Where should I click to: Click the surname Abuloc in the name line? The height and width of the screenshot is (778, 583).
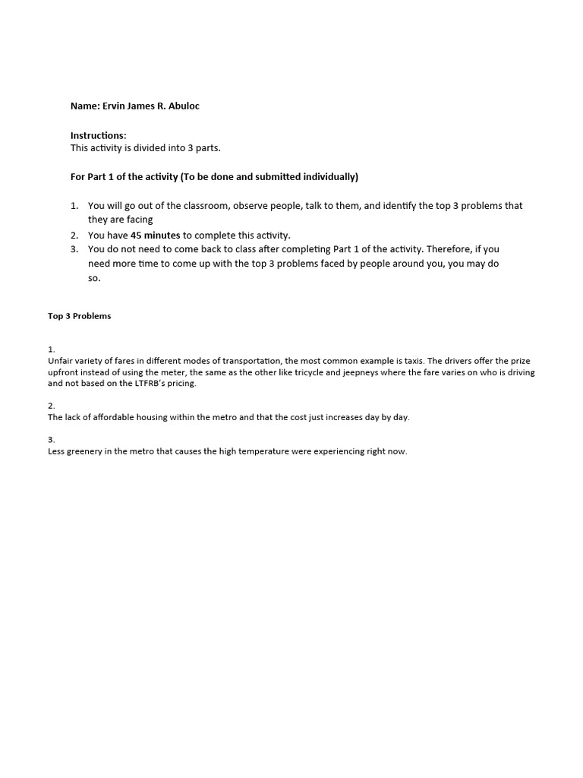(x=183, y=106)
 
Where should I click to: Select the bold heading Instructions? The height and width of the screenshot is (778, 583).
(x=99, y=135)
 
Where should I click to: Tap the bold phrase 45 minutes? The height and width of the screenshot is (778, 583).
(x=156, y=236)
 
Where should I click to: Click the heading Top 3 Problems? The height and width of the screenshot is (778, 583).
(x=80, y=316)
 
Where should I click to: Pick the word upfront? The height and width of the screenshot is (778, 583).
(x=65, y=372)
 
